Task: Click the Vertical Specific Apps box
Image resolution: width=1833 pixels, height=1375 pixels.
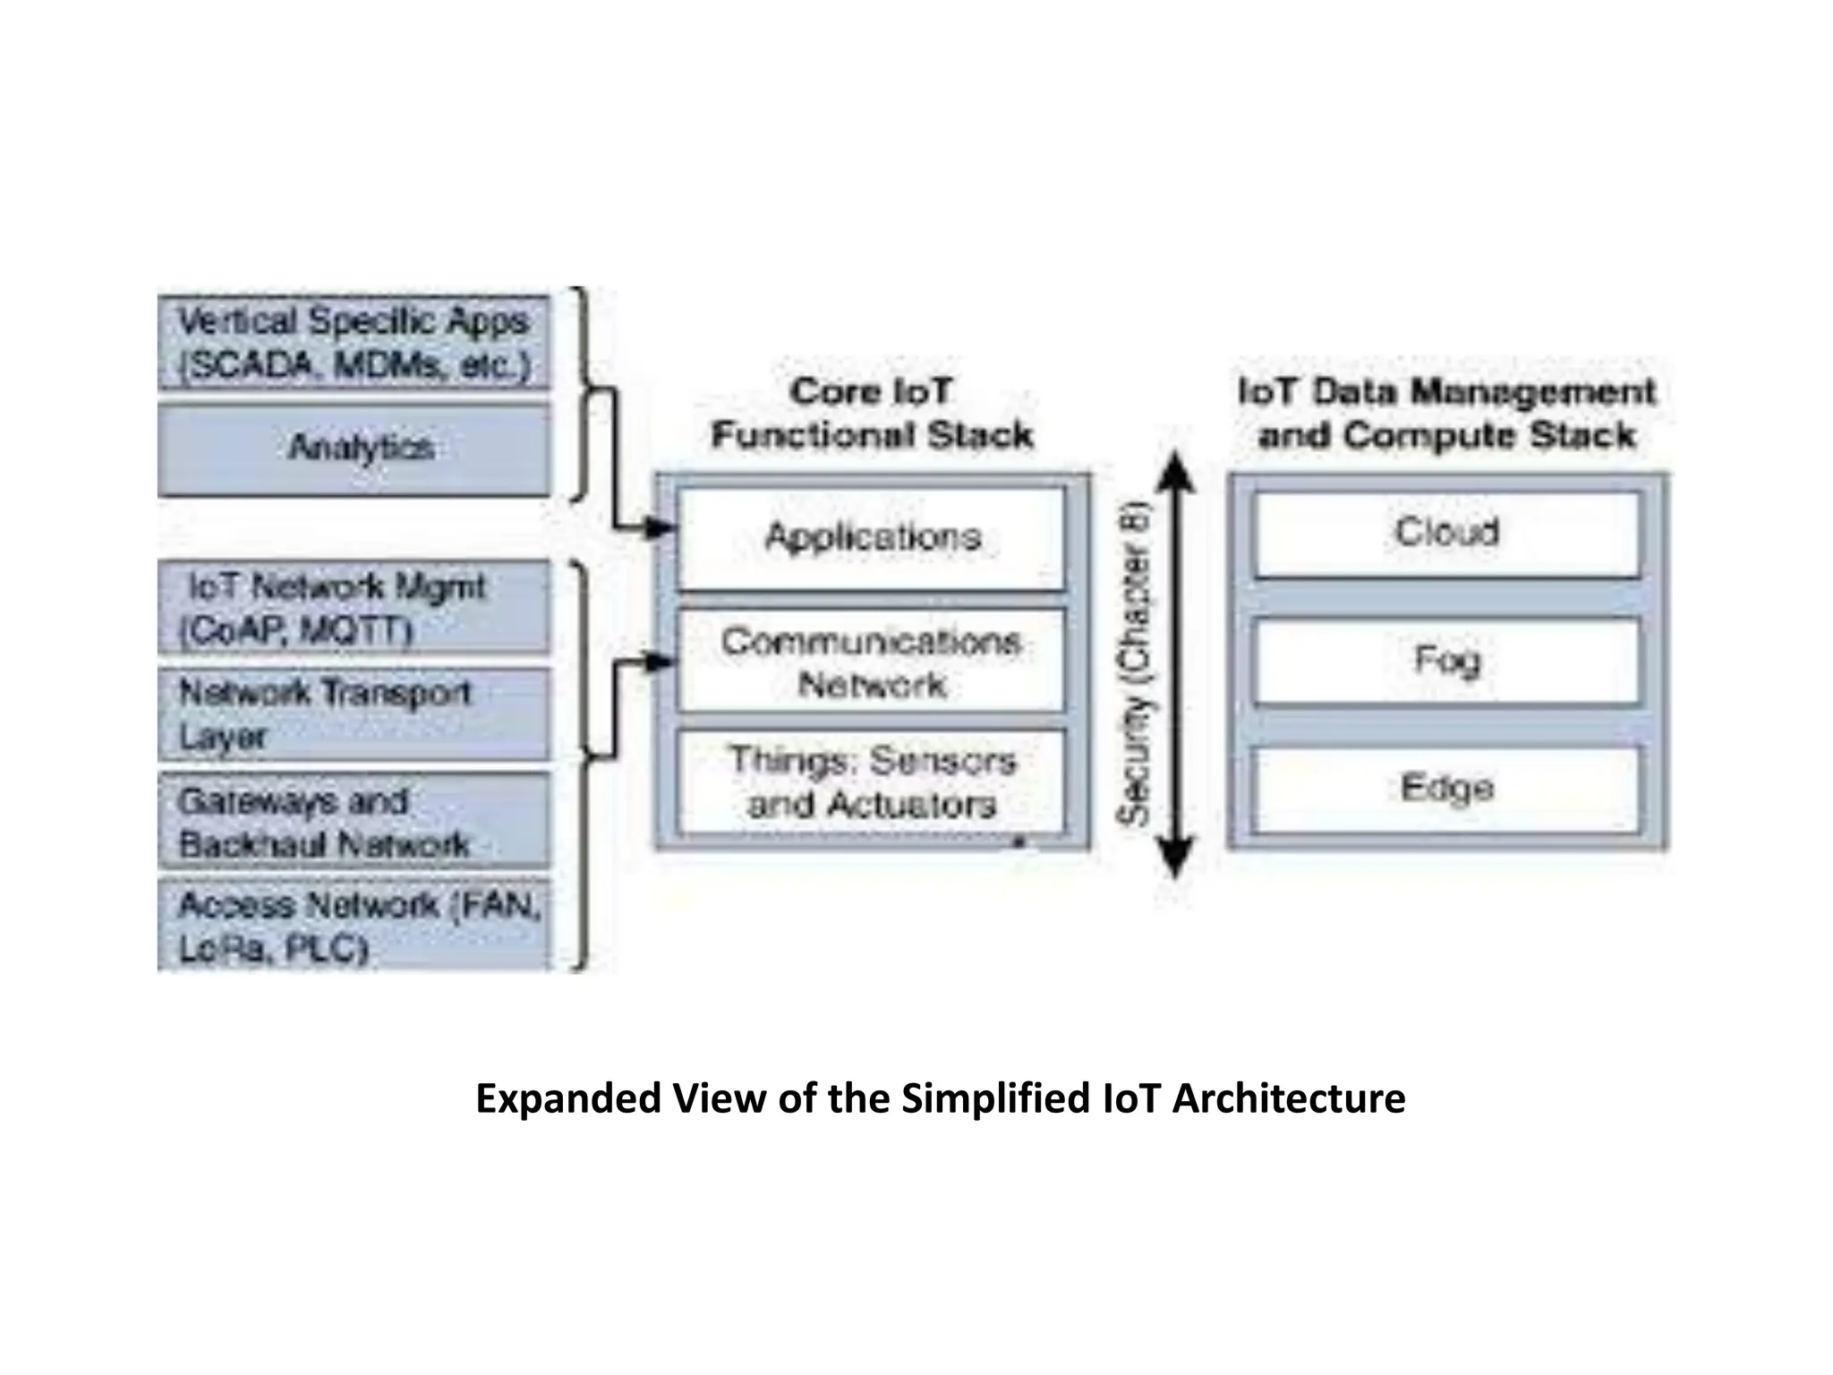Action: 354,343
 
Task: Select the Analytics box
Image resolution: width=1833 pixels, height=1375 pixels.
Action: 354,448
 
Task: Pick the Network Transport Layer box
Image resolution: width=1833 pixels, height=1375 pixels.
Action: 354,714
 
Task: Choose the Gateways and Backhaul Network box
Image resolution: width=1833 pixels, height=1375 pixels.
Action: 354,822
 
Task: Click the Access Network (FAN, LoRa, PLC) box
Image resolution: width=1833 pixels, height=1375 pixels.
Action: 354,926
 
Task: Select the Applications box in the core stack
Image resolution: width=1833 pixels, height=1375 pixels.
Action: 872,538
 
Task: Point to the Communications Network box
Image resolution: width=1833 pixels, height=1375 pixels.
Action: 872,662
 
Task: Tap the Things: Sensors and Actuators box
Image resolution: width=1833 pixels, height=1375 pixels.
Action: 872,782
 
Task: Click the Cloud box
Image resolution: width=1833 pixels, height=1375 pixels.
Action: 1446,533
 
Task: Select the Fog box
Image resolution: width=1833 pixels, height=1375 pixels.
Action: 1446,661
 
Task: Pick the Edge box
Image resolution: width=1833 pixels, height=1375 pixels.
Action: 1446,789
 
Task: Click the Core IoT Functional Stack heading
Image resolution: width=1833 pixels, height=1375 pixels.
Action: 872,414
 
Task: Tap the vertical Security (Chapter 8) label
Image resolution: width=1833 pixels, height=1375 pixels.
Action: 1133,667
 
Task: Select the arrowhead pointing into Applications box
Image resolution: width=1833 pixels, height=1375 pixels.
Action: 661,528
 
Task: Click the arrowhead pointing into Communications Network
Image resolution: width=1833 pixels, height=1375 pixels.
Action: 661,662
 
